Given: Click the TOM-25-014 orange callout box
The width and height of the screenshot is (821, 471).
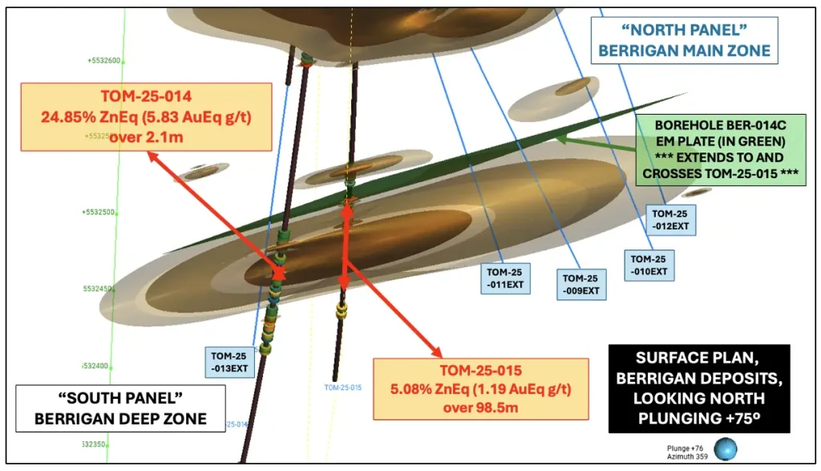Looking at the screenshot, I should (x=147, y=117).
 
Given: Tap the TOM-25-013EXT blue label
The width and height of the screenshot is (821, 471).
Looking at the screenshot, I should (x=231, y=362).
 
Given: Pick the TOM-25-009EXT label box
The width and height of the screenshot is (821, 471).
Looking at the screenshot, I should (x=581, y=284).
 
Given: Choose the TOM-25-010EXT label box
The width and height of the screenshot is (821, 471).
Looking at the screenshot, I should (x=649, y=265).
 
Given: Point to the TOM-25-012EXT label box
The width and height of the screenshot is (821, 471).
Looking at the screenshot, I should (x=671, y=220).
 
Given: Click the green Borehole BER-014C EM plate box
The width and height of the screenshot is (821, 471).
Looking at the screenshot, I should (x=719, y=151).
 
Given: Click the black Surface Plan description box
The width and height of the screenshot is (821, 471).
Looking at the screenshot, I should (x=699, y=388).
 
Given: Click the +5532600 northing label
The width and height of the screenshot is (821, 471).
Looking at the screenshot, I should (x=103, y=60).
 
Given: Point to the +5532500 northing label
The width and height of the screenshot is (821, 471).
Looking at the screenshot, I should (x=100, y=213).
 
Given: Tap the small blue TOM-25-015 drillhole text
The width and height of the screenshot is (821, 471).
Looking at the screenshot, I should (x=343, y=388).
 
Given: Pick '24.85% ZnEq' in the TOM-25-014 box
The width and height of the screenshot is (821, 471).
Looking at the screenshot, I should (x=95, y=117).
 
